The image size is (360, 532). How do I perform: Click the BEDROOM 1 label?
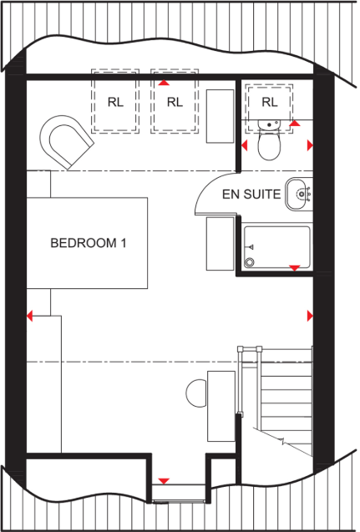tap(89, 244)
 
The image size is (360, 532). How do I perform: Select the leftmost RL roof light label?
tap(115, 102)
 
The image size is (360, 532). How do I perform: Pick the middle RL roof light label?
tap(174, 102)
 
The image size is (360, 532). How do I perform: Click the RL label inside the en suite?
tap(268, 102)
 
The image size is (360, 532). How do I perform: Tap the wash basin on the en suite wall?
tap(299, 194)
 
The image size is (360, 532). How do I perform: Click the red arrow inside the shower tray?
tap(295, 267)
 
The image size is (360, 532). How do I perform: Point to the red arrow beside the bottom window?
tap(164, 481)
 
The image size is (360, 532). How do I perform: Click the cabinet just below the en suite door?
tap(221, 242)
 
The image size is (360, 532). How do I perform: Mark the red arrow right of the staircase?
tap(310, 316)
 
